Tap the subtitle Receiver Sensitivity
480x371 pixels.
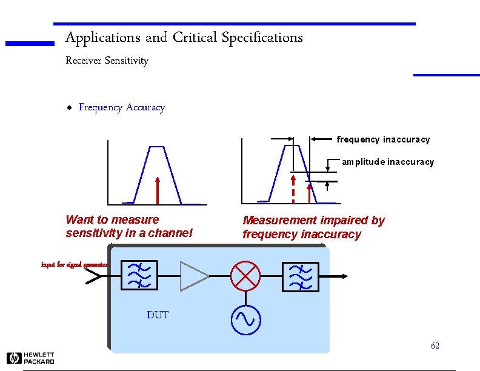coord(107,61)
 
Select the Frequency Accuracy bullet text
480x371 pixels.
coord(122,107)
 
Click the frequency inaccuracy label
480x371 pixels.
coord(383,139)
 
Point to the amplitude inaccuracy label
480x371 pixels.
coord(388,162)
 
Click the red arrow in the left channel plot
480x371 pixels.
coord(157,190)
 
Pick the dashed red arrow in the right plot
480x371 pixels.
coord(293,189)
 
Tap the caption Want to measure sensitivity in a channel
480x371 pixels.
coord(128,226)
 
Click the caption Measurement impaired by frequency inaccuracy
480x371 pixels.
coord(313,227)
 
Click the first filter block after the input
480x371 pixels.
coord(139,276)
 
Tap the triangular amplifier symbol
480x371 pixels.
coord(193,276)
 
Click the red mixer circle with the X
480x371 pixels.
coord(245,276)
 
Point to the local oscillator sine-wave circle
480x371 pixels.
coord(245,319)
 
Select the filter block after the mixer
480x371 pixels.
coord(299,276)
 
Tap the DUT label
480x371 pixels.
coord(158,315)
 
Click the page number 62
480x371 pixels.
coord(435,346)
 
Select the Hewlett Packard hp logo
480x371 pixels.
coord(14,358)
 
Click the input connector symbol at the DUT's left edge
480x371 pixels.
coord(95,276)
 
